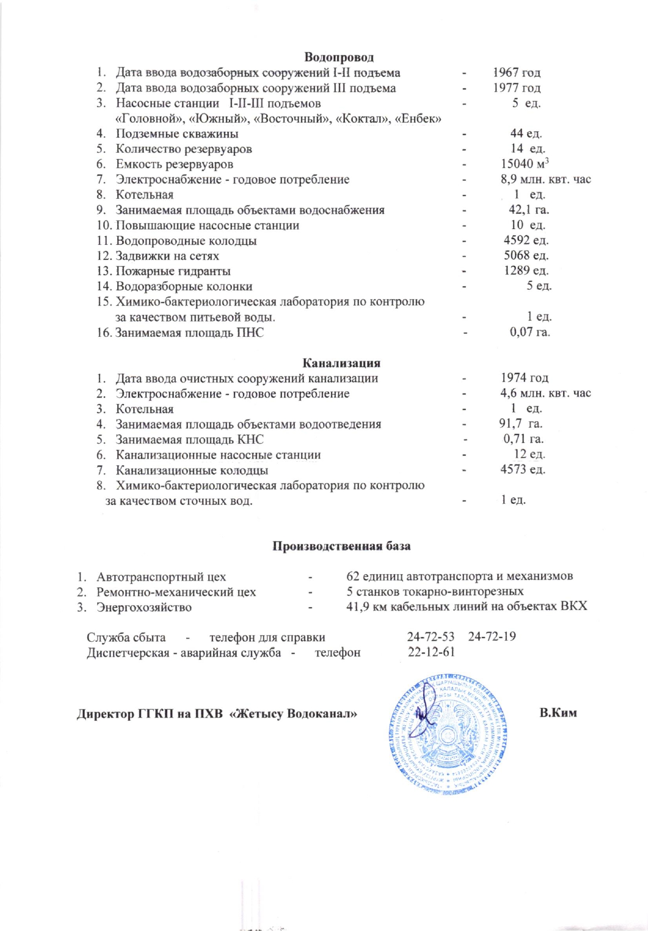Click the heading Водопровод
pos(338,57)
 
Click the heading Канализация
pos(341,363)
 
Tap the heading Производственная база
pos(341,546)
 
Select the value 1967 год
pos(517,73)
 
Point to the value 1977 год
pos(517,88)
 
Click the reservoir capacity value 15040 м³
pos(525,164)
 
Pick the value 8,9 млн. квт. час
pos(545,179)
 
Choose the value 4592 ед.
pos(526,241)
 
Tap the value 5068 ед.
pos(526,256)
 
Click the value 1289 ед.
pos(526,271)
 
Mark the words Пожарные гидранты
pos(173,271)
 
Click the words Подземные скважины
pos(177,134)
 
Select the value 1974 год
pos(524,378)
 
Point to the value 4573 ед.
pos(522,470)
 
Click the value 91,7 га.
pos(520,424)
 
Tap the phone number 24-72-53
pos(430,637)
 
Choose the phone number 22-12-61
pos(431,652)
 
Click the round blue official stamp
pos(448,734)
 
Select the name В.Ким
pos(558,713)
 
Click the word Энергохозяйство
pos(144,608)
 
